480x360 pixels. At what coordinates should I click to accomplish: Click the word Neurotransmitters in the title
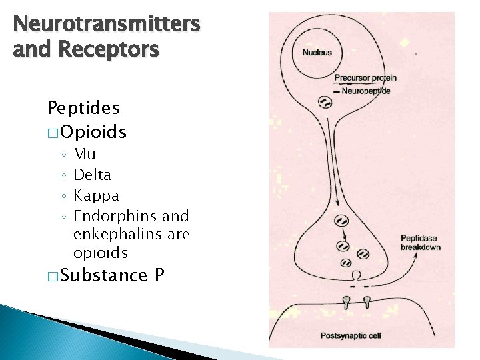click(x=107, y=25)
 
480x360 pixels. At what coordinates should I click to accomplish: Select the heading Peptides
click(x=83, y=107)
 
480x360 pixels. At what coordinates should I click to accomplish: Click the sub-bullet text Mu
click(x=85, y=154)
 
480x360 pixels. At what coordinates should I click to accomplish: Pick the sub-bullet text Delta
click(x=92, y=175)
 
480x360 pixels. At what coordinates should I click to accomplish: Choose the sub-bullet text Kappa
click(x=96, y=195)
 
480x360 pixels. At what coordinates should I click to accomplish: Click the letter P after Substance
click(x=159, y=274)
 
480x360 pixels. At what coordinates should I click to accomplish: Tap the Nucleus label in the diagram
click(x=317, y=53)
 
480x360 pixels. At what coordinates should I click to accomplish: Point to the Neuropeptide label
click(x=366, y=91)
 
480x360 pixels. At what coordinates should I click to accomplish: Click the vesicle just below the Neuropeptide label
click(x=325, y=102)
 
